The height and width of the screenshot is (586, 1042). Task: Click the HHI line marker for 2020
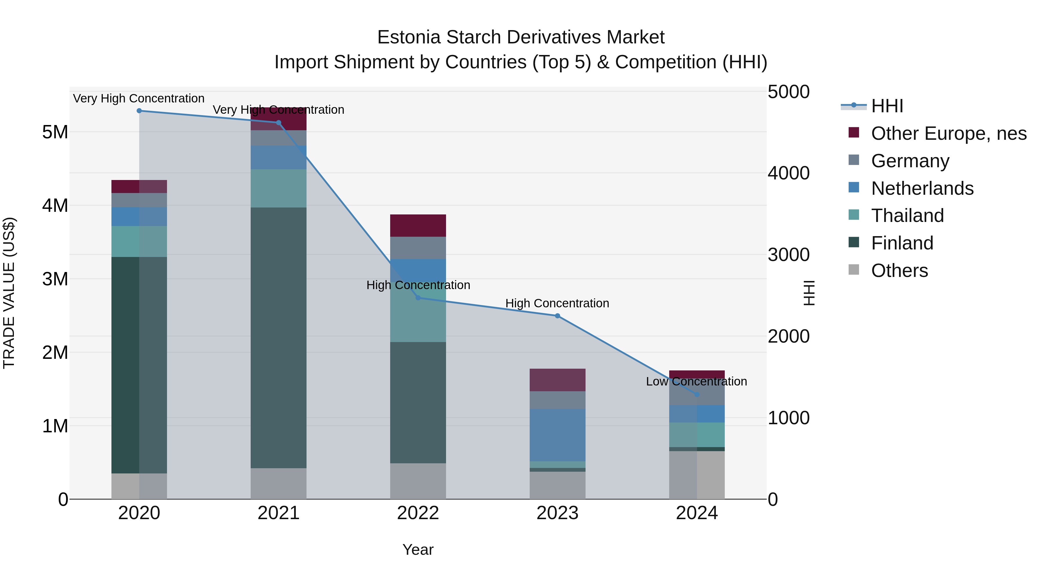[x=139, y=111]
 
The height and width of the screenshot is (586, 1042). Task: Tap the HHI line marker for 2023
[x=557, y=316]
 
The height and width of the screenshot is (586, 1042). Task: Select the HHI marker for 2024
[x=697, y=394]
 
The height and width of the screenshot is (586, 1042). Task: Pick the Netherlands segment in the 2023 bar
[x=557, y=435]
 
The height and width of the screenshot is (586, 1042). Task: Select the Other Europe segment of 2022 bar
[x=418, y=225]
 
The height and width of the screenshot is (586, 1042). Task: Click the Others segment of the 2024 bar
[x=697, y=475]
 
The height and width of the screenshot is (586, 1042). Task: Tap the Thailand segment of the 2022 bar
[x=418, y=319]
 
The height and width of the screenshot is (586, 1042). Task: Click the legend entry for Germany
[x=910, y=161]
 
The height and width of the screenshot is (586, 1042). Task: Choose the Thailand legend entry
[x=907, y=216]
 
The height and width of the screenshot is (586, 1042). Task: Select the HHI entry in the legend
[x=887, y=106]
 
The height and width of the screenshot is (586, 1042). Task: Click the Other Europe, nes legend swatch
[x=854, y=133]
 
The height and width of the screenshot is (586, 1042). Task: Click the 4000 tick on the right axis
[x=788, y=173]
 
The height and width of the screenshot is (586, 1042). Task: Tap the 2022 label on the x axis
[x=418, y=513]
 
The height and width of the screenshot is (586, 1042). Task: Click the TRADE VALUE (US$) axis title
[x=9, y=293]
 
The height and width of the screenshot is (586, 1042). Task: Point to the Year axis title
[x=418, y=550]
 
